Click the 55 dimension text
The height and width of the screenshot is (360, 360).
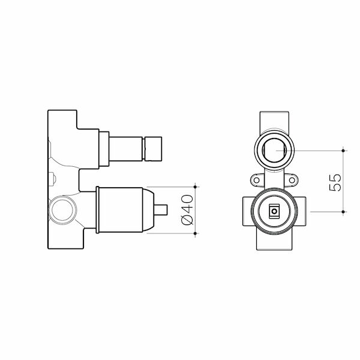click(x=335, y=180)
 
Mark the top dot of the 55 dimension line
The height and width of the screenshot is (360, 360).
click(x=343, y=149)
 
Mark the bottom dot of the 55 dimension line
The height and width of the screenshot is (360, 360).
click(x=343, y=211)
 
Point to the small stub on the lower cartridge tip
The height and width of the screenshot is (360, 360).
click(x=161, y=210)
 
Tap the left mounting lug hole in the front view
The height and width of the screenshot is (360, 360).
click(x=255, y=180)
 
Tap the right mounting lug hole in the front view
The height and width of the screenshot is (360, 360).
click(x=293, y=180)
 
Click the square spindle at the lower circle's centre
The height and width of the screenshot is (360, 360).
click(x=274, y=211)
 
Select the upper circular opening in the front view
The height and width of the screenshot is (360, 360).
click(x=274, y=149)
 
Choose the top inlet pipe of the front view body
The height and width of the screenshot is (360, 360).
click(x=274, y=120)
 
